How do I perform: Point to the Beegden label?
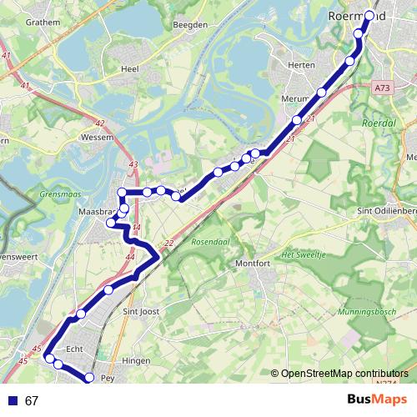pos(189,25)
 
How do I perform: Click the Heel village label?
pos(129,69)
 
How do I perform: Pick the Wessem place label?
pos(105,136)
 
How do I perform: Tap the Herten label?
pos(300,64)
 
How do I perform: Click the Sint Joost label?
pos(141,313)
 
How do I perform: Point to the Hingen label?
pos(136,361)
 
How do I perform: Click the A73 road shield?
pos(383,87)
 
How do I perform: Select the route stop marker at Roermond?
pos(369,15)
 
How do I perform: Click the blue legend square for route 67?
pos(13,400)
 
